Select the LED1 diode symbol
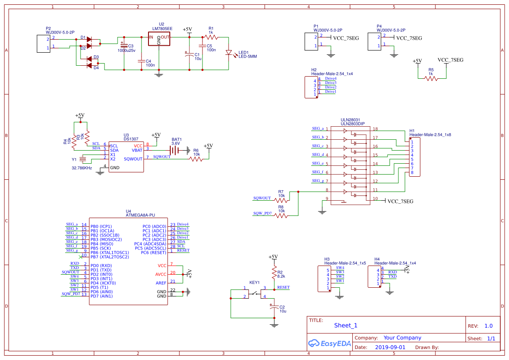(229, 53)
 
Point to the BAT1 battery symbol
(175, 150)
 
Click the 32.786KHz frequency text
(82, 168)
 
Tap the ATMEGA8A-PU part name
(140, 215)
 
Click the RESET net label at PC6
(183, 250)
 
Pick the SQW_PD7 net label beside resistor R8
(263, 213)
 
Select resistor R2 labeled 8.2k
(274, 273)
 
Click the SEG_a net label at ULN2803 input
(318, 128)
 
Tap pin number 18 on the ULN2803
(375, 129)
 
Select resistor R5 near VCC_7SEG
(431, 78)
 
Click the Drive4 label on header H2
(330, 78)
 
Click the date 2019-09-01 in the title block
(390, 347)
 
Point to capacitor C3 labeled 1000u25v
(124, 46)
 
